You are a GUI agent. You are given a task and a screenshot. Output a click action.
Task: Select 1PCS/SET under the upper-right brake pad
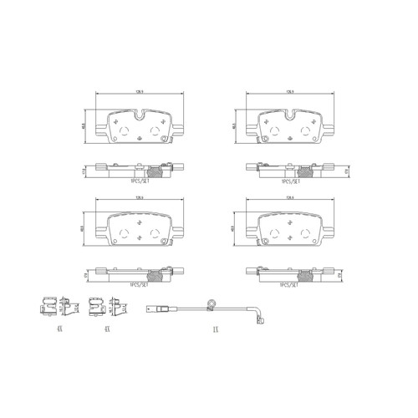pyautogui.click(x=289, y=180)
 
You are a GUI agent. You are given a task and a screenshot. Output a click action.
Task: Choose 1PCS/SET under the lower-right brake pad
pyautogui.click(x=289, y=284)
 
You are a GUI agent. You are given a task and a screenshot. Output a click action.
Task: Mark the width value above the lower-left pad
pyautogui.click(x=129, y=197)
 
